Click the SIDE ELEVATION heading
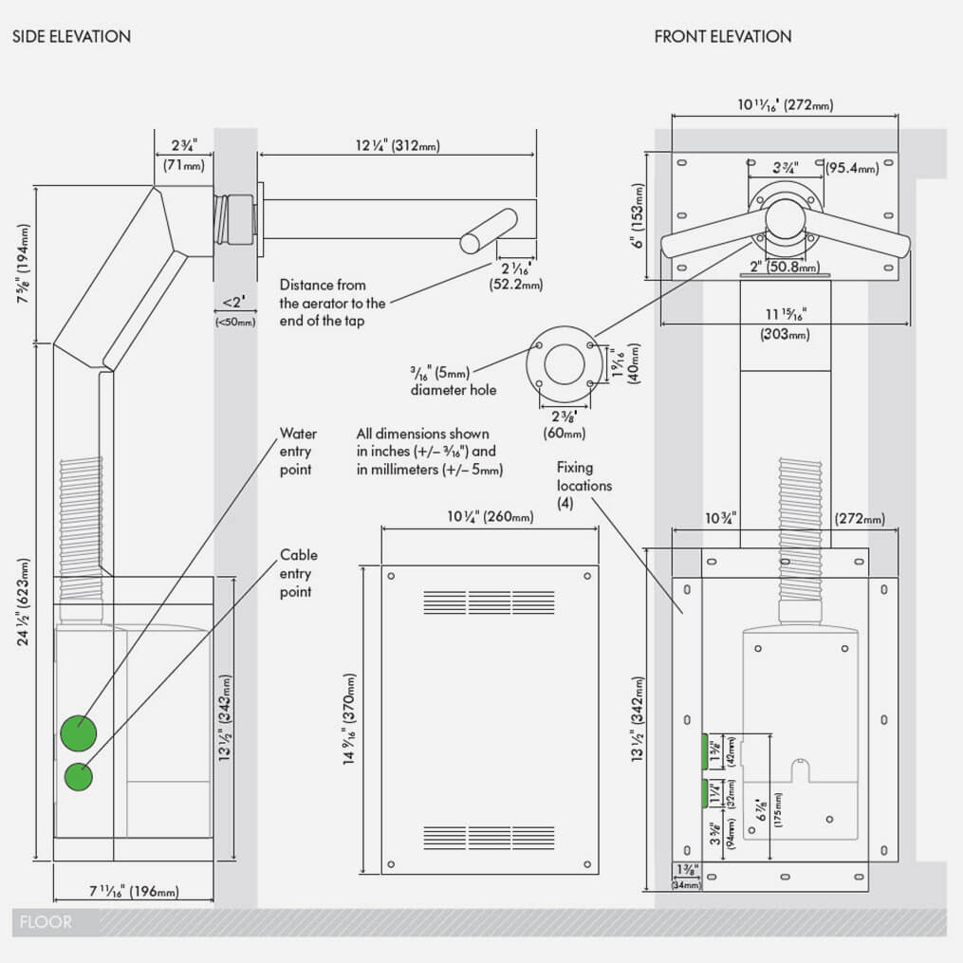71,37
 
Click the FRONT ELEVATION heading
723,37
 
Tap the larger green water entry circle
79,733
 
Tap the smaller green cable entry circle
79,777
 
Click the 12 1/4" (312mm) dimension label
398,146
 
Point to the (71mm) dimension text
183,166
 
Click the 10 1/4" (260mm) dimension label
490,517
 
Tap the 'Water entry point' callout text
297,452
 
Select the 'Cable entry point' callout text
298,573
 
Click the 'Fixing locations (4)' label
583,486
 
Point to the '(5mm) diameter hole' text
454,380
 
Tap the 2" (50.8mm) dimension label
785,268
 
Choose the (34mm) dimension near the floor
685,884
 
